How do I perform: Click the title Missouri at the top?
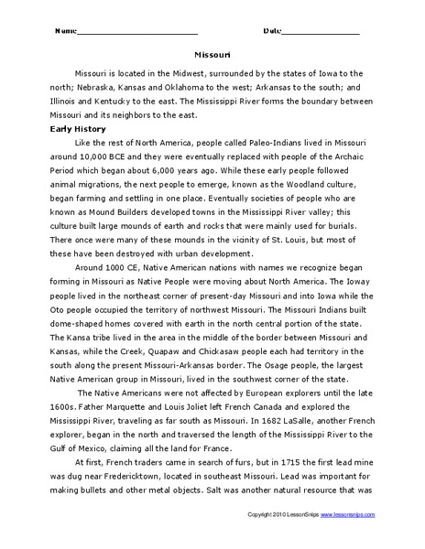click(x=212, y=54)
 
